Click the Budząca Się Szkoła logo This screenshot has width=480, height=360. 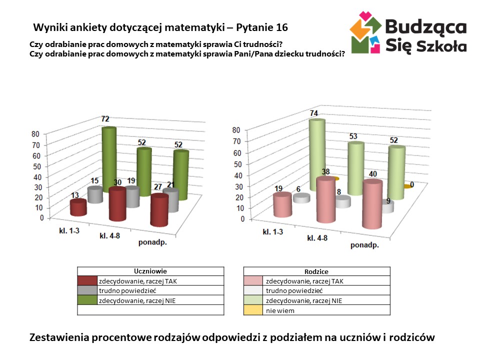[408, 33]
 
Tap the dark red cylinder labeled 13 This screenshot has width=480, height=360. [77, 207]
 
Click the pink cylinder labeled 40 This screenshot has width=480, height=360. [372, 204]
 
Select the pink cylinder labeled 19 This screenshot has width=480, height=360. [282, 205]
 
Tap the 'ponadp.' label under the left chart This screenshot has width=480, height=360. [152, 243]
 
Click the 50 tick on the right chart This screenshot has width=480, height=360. [236, 164]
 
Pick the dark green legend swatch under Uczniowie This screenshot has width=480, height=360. [87, 300]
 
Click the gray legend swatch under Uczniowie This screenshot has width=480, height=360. [87, 290]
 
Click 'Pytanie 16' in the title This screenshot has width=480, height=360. [261, 26]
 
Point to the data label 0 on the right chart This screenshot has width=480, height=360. [411, 185]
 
